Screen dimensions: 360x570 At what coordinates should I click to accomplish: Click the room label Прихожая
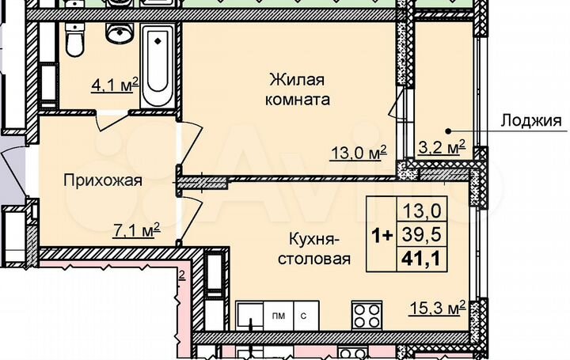coord(103,180)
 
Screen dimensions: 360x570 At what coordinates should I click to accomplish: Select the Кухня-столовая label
coord(314,248)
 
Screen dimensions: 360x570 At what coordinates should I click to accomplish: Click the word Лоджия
coord(531,121)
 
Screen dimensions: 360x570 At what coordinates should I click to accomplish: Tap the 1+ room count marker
coord(380,233)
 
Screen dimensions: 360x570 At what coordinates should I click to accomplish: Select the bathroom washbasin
coord(120,32)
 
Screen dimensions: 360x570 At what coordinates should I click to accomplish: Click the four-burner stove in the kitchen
coord(367,316)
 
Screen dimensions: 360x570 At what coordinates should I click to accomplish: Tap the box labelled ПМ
coord(279,314)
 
